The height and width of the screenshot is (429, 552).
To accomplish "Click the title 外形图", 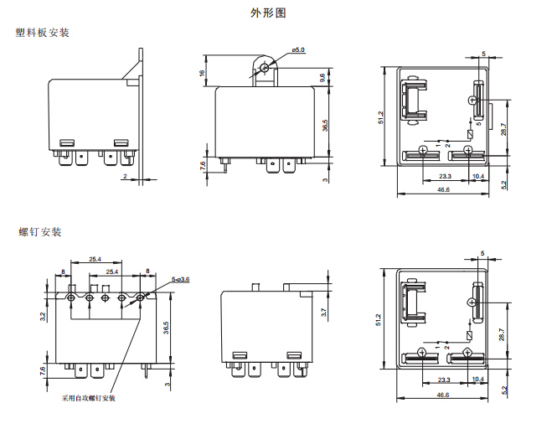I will coord(274,13).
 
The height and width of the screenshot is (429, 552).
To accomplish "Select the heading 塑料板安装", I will coord(42,33).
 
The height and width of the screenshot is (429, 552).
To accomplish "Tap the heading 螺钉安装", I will coord(40,232).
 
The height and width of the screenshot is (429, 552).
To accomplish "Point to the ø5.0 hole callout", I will coord(298,52).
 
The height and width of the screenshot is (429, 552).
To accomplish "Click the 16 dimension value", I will coord(203,73).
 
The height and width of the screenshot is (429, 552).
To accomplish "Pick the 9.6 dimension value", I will coord(323,77).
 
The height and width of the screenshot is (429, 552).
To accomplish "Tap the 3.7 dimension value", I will coord(323,312).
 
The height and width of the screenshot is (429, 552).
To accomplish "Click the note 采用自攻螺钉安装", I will coord(88,397).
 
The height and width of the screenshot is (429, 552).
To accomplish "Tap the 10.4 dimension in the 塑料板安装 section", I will coord(478,176).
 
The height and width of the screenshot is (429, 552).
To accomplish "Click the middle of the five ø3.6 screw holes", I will coord(105,297).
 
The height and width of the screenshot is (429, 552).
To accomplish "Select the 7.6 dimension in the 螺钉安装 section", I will coord(43,370).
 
